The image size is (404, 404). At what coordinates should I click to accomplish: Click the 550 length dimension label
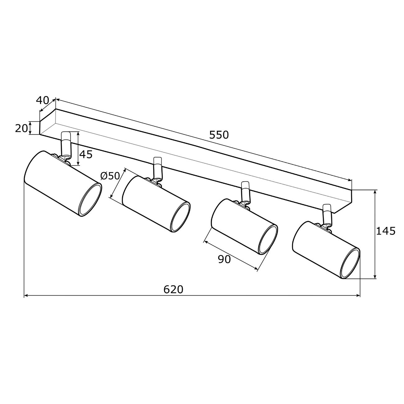[x=219, y=135]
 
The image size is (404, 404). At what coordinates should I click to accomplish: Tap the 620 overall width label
[x=173, y=290]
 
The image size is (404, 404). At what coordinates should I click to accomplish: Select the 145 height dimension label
[x=386, y=231]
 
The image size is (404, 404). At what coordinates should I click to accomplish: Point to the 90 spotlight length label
[x=224, y=259]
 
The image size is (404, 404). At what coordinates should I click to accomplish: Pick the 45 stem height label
[x=86, y=154]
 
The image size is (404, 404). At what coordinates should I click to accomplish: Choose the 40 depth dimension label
[x=43, y=100]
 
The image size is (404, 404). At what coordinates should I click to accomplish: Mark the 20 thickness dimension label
[x=21, y=128]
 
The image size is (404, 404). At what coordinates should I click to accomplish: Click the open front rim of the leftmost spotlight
[x=90, y=200]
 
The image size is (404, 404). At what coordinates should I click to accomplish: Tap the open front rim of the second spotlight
[x=181, y=217]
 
